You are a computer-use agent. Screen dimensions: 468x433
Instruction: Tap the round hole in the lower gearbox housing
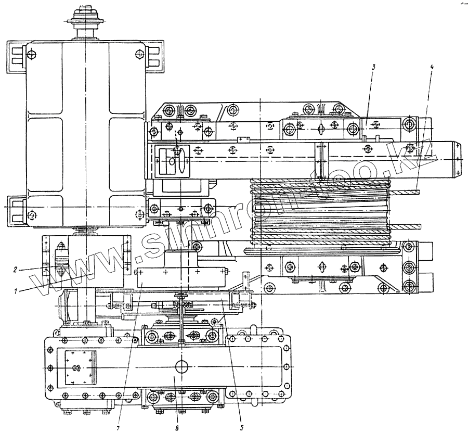(181, 366)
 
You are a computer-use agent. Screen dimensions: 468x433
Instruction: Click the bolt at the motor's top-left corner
(32, 54)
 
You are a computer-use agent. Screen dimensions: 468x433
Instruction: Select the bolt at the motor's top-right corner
(138, 54)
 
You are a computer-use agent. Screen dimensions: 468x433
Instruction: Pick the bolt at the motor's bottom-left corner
(32, 214)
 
